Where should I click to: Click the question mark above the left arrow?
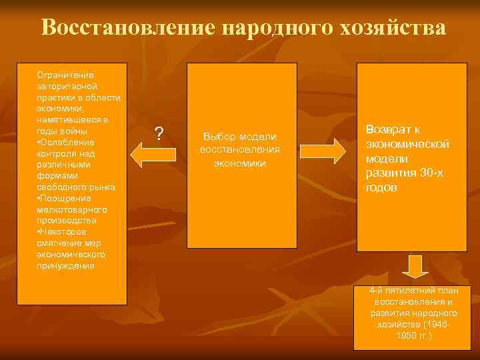click(x=158, y=134)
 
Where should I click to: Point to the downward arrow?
click(x=415, y=266)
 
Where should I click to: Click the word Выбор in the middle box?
click(x=219, y=136)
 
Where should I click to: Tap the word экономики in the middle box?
click(x=240, y=163)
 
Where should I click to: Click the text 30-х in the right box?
click(x=435, y=173)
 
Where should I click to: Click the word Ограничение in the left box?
click(x=65, y=74)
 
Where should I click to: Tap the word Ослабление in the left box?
click(x=69, y=142)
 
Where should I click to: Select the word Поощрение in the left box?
click(x=68, y=199)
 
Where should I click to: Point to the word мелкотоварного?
click(x=72, y=209)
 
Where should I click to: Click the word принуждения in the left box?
click(x=66, y=265)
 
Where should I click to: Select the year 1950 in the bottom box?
click(x=407, y=335)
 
